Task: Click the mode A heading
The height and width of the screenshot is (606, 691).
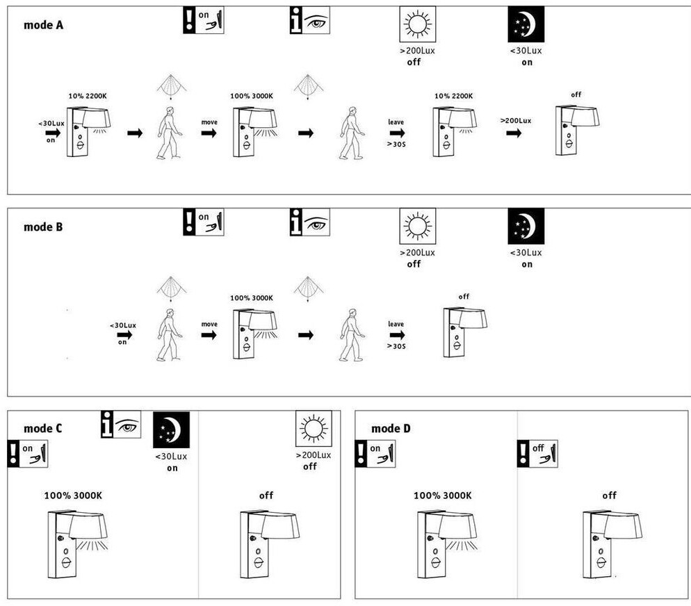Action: (43, 26)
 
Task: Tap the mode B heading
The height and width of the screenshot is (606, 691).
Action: (43, 227)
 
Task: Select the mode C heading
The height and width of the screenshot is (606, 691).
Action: (42, 429)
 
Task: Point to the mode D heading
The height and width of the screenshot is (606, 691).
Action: (391, 429)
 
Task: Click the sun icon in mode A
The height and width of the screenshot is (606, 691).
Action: (417, 24)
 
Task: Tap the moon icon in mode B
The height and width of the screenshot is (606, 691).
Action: (526, 227)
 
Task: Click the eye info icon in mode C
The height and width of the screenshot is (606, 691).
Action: (121, 425)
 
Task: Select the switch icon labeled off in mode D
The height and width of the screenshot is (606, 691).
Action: (537, 454)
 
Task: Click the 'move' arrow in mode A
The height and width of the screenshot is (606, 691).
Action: (209, 133)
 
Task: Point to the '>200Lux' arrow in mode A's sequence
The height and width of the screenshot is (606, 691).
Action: (514, 133)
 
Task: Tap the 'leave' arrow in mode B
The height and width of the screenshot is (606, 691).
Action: (397, 335)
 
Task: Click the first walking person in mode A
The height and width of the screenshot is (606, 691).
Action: (169, 133)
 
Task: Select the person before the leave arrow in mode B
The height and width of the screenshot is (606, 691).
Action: (352, 335)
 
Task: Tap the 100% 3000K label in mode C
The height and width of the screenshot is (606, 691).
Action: (73, 496)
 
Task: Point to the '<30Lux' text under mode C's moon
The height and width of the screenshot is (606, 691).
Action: (171, 457)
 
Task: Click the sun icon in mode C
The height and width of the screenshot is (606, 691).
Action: (314, 429)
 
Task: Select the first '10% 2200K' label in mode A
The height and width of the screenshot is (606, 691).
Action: (88, 96)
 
